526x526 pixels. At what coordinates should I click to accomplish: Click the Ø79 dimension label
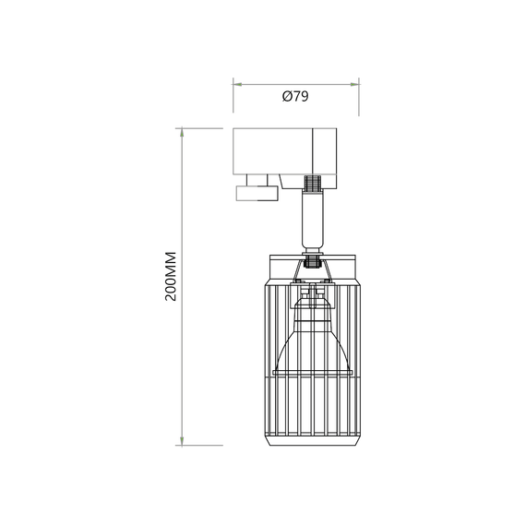[294, 97]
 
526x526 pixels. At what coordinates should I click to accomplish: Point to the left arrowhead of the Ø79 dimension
[235, 82]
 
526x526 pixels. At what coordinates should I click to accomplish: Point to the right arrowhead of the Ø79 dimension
[355, 82]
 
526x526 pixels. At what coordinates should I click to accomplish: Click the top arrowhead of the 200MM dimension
[185, 132]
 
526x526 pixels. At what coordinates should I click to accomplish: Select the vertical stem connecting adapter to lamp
[313, 217]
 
